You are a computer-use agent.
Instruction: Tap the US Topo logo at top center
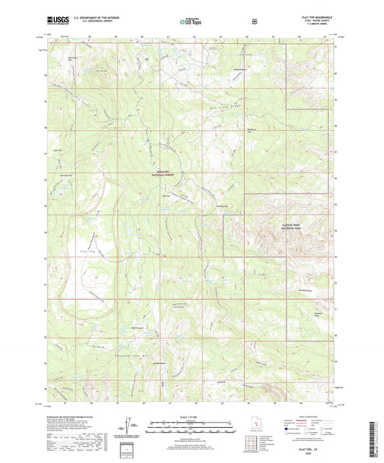(191, 22)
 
